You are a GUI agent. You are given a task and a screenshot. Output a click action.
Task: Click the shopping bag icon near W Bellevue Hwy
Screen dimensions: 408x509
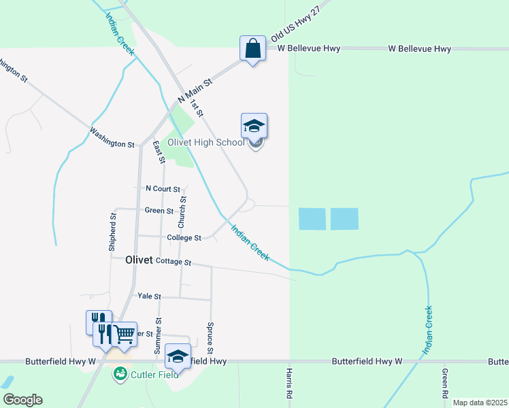(252, 49)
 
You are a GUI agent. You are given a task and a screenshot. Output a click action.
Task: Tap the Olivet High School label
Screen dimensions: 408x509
(206, 142)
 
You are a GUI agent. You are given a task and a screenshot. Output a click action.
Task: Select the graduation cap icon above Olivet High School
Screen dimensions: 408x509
(254, 126)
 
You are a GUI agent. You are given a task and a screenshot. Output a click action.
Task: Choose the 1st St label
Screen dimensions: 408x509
(197, 107)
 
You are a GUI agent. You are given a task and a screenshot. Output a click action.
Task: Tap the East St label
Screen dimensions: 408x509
(159, 152)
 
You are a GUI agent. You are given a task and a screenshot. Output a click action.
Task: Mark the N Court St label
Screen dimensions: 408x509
(163, 188)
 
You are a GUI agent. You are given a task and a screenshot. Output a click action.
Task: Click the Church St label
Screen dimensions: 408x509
(182, 211)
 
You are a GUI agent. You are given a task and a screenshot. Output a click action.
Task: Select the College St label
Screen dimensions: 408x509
(184, 238)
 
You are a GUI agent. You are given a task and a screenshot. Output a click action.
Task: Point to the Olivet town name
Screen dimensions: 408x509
(139, 260)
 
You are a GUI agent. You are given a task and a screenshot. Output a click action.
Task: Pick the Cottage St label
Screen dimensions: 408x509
(174, 262)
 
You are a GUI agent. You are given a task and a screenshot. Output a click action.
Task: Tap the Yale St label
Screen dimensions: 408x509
(149, 296)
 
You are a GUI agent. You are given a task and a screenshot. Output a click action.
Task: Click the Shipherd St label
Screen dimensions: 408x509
(113, 233)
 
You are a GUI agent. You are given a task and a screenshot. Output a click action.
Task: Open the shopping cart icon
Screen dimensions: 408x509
(124, 334)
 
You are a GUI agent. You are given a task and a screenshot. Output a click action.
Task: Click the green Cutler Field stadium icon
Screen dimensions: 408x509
(120, 373)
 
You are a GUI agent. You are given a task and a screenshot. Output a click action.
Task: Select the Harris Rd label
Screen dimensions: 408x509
(289, 384)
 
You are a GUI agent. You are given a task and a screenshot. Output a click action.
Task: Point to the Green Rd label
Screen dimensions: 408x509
(444, 384)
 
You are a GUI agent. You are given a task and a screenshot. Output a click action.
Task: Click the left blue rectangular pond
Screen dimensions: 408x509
(312, 219)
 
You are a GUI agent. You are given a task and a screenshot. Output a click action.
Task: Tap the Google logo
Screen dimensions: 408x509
(22, 400)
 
